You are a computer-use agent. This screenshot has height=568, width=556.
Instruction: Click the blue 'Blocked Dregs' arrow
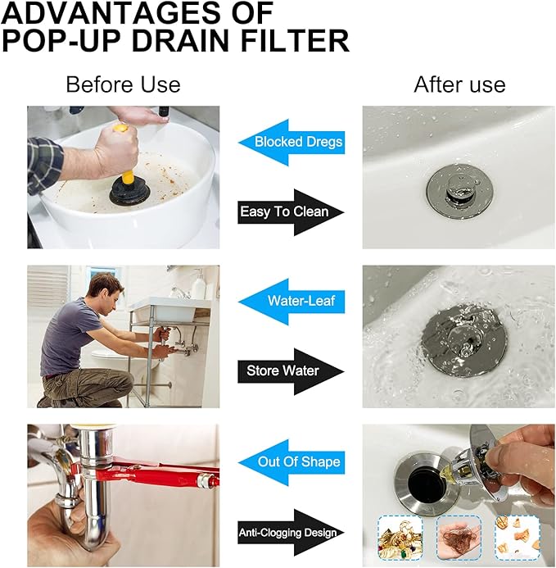(292, 142)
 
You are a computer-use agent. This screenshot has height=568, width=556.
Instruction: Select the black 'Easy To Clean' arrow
(291, 212)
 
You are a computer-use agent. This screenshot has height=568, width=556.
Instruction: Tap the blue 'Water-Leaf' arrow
(292, 302)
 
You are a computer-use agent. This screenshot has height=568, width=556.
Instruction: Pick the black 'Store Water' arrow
(291, 371)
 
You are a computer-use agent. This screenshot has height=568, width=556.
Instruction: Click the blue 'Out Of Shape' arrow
(292, 462)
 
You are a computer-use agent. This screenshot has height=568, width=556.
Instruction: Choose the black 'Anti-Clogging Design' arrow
(291, 533)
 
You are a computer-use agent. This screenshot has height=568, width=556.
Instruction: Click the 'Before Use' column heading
(123, 84)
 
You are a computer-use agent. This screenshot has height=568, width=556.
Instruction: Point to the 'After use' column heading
(459, 84)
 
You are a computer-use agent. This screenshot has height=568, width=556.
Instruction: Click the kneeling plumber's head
(107, 291)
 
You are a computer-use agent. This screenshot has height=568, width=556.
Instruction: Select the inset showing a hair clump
(459, 538)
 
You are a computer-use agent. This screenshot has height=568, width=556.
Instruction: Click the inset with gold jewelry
(400, 538)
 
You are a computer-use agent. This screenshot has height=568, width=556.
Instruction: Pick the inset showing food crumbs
(518, 538)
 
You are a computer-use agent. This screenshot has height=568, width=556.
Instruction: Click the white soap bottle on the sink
(198, 284)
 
